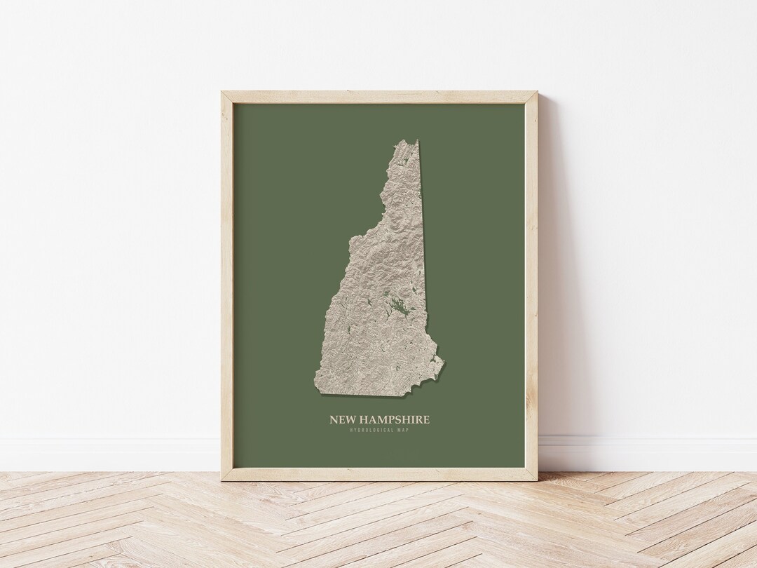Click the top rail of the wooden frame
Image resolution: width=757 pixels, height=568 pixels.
click(x=378, y=97)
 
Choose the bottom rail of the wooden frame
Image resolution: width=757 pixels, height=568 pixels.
click(x=378, y=474)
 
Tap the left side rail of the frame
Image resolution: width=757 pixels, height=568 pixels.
click(x=227, y=280)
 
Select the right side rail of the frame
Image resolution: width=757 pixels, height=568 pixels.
click(x=532, y=280)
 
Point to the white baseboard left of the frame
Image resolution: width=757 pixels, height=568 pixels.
click(x=105, y=452)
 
